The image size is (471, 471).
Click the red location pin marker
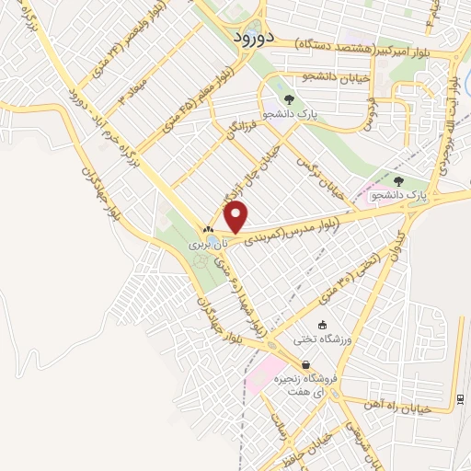pyautogui.click(x=236, y=218)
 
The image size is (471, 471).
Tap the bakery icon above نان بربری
pyautogui.click(x=208, y=231)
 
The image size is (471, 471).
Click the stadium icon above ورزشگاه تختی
pyautogui.click(x=322, y=325)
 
